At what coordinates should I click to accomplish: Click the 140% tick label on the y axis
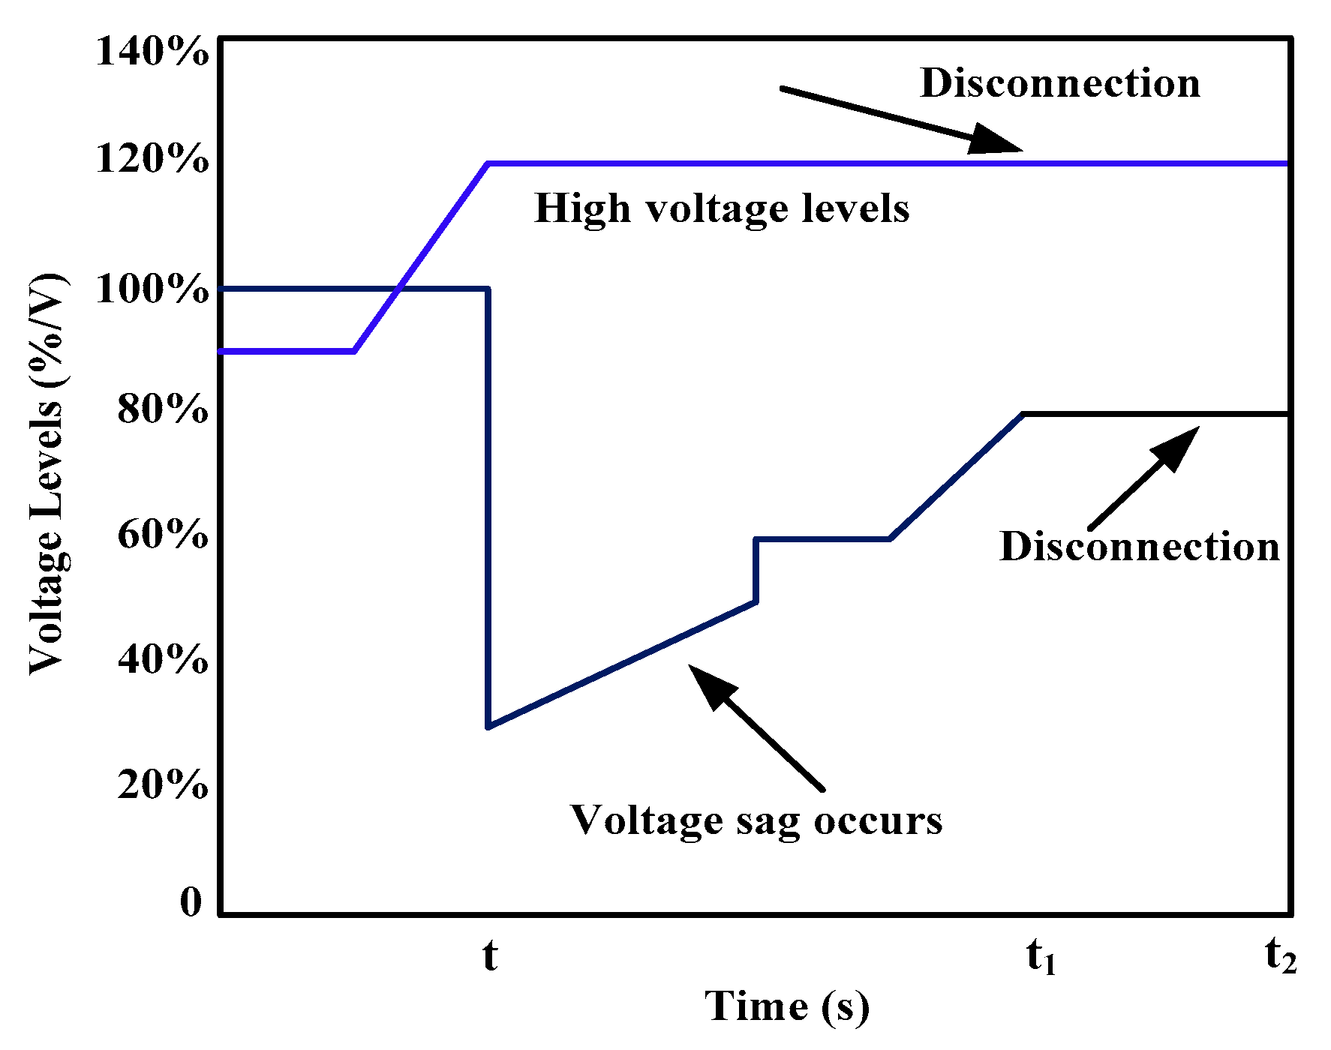point(152,52)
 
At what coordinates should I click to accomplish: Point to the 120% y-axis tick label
point(152,160)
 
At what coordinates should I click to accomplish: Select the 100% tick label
point(152,289)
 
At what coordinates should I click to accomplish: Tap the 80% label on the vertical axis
point(163,409)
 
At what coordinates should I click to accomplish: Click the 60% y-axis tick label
point(163,535)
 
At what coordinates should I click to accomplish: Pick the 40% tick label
point(163,660)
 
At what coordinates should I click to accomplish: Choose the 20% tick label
point(163,785)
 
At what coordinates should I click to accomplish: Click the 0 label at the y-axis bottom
point(191,902)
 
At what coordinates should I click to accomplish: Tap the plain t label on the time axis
point(489,956)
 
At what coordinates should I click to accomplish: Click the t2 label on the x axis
point(1280,956)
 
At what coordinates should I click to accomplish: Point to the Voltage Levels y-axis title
point(47,474)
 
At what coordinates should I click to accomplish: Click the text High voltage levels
point(722,208)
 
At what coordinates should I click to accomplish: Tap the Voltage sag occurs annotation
point(756,820)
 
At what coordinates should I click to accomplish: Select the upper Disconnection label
point(1060,83)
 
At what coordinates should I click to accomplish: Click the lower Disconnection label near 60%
point(1140,547)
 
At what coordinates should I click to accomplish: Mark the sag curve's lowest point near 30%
point(488,726)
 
